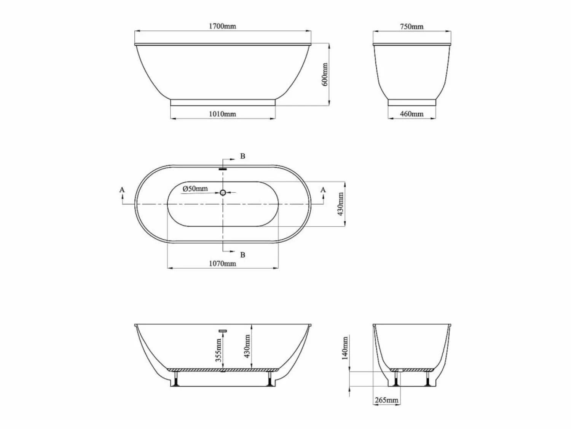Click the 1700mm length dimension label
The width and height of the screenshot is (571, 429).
[222, 26]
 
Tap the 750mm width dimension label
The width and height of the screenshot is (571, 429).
[412, 26]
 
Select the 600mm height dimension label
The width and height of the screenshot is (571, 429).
[325, 74]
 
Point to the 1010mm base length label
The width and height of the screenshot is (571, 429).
[222, 114]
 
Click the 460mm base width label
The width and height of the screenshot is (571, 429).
[412, 114]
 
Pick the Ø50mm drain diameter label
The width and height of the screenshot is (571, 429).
[195, 188]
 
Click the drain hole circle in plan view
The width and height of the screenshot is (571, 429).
[223, 193]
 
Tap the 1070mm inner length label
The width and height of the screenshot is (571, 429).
[222, 263]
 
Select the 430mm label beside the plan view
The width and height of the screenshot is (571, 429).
[340, 204]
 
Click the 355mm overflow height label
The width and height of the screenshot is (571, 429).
[219, 350]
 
